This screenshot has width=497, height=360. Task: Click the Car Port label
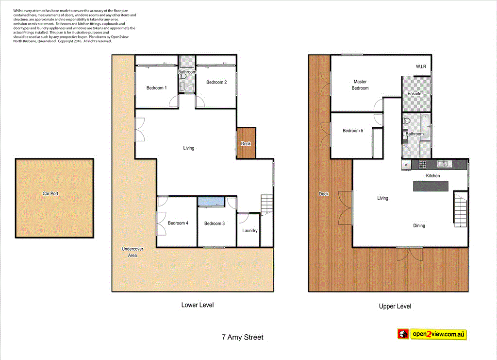pos(50,193)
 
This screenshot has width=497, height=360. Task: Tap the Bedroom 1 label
pos(157,88)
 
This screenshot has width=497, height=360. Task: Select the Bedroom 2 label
pos(216,83)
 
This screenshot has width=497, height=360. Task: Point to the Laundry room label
pos(250,230)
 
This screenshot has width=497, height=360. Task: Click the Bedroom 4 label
pos(178,223)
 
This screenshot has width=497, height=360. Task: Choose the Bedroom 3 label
pos(214,223)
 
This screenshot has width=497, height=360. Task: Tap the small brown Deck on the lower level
pos(246,143)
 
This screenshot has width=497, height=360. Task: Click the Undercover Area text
pos(129,252)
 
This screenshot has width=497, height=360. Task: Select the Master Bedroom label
pos(360,85)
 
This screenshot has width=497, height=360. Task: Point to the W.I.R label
pos(421,67)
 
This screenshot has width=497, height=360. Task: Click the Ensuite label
pos(414,93)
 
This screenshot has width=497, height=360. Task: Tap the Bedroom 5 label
pos(353,131)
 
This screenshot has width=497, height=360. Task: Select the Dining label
pos(419,225)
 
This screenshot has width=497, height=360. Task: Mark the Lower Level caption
pos(198,305)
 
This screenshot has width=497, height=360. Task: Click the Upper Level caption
pos(395,306)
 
